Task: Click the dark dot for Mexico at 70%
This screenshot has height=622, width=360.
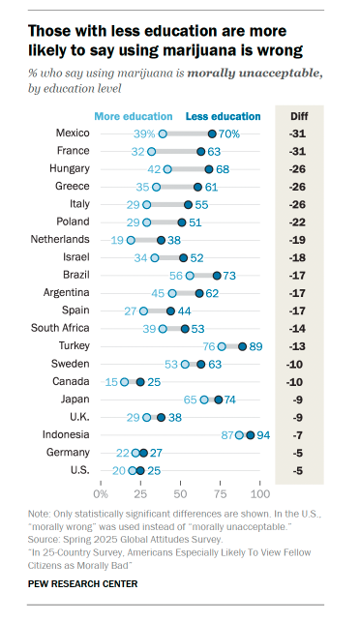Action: point(212,133)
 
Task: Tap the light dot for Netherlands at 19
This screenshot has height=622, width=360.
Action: point(132,239)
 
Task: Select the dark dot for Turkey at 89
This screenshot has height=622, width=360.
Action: point(242,345)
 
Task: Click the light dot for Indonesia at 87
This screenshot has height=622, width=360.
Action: point(239,434)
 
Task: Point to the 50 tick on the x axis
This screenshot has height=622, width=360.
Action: point(179,493)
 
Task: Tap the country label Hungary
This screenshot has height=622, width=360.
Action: point(68,168)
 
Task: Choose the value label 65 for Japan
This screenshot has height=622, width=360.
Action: point(191,399)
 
